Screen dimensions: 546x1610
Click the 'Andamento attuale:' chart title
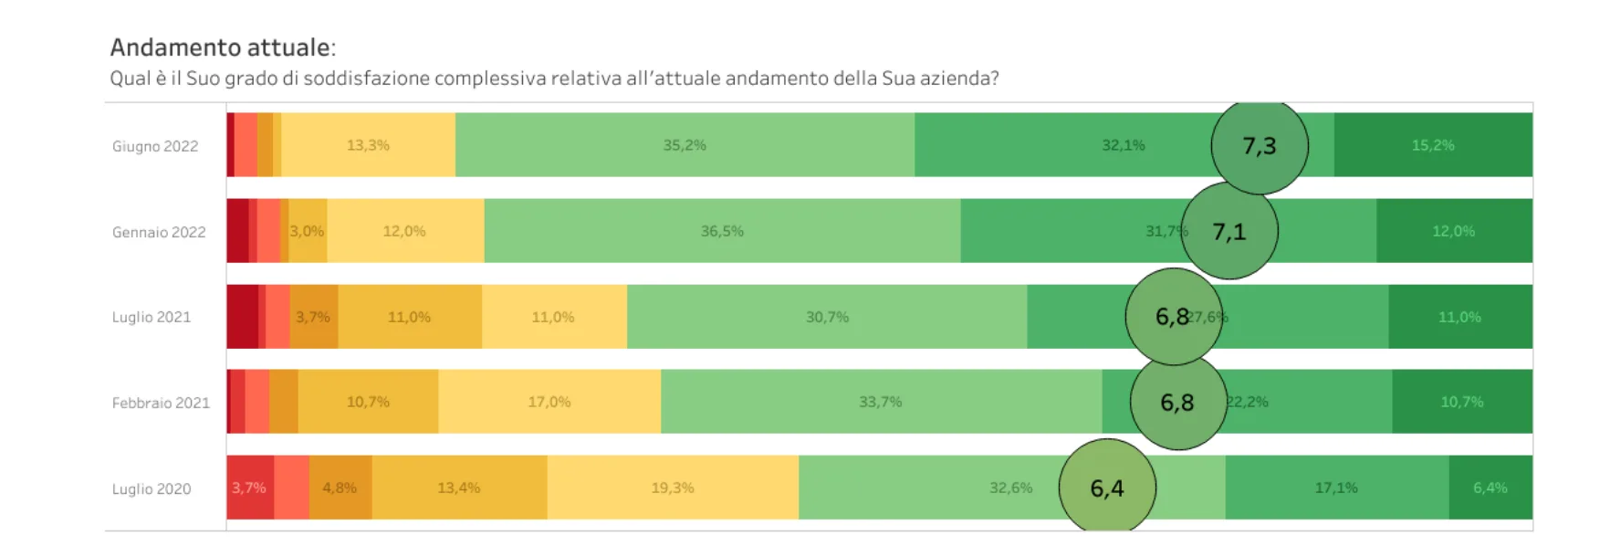(x=223, y=47)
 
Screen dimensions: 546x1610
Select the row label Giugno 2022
(x=155, y=146)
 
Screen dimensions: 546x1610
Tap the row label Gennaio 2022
(x=159, y=232)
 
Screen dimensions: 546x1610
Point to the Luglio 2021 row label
(x=152, y=317)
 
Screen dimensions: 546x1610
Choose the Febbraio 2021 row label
(x=161, y=403)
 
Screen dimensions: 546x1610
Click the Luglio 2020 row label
(x=152, y=488)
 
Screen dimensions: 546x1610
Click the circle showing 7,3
(x=1260, y=146)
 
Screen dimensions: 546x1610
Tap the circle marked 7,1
(x=1229, y=232)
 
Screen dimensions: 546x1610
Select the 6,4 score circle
(x=1107, y=488)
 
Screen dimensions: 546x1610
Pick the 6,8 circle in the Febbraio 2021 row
(x=1177, y=403)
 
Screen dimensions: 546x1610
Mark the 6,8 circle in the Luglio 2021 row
(x=1173, y=317)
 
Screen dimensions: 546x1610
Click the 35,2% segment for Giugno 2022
(x=685, y=145)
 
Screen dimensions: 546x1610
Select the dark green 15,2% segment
(x=1433, y=145)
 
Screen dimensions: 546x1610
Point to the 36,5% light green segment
(x=722, y=231)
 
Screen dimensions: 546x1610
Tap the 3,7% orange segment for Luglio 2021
(x=313, y=317)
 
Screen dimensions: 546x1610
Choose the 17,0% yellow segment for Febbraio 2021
(x=549, y=402)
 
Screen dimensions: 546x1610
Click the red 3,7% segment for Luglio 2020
(x=249, y=488)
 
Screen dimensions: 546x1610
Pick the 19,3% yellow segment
(x=673, y=488)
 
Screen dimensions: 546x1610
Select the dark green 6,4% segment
(x=1490, y=488)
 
